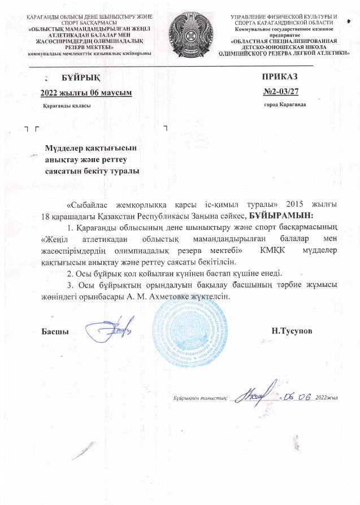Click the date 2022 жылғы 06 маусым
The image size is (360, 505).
pyautogui.click(x=86, y=92)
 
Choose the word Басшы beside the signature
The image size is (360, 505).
pyautogui.click(x=55, y=330)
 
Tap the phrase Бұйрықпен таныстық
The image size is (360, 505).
pyautogui.click(x=200, y=398)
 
